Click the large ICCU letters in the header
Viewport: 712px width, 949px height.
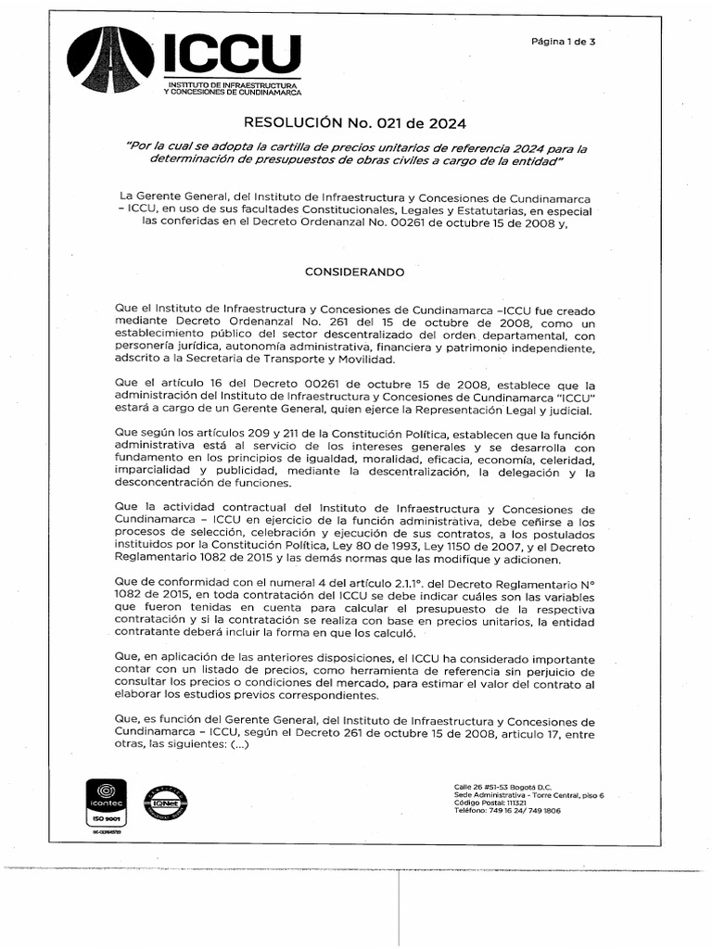coord(232,53)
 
